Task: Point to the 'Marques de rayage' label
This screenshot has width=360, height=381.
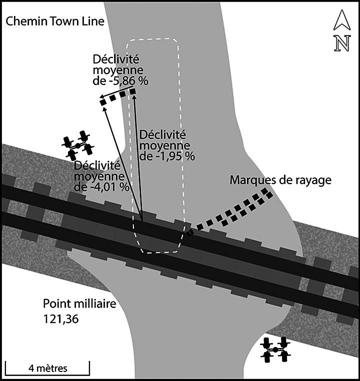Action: coord(280,180)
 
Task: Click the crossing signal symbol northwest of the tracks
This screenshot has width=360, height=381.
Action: coord(78,143)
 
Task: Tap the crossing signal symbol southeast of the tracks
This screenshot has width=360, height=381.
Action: coord(275,349)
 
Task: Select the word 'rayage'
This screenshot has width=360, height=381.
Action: coord(315,180)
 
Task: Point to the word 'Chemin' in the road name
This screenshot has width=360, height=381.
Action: coord(21,21)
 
